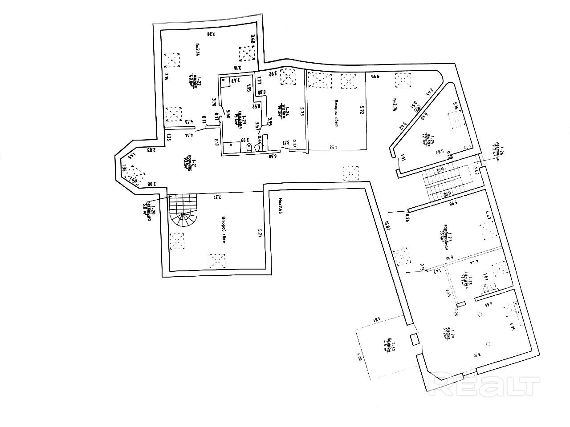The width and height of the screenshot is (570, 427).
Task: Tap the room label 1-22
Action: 192,81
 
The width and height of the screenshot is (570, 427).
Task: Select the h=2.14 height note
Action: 197,49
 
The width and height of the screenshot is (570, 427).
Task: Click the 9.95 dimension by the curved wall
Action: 375,77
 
